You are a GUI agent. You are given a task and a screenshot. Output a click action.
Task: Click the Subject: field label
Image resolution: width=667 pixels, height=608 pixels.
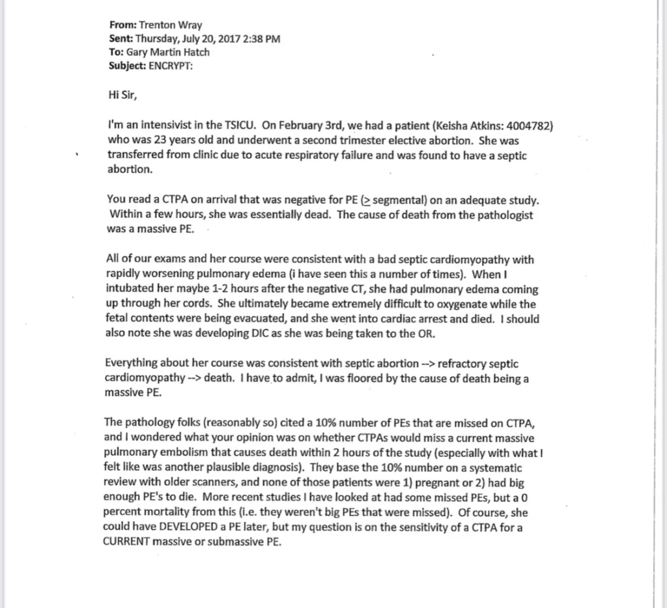(x=128, y=66)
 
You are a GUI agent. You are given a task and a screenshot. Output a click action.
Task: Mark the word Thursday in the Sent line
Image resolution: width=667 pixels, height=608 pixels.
(x=158, y=39)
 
